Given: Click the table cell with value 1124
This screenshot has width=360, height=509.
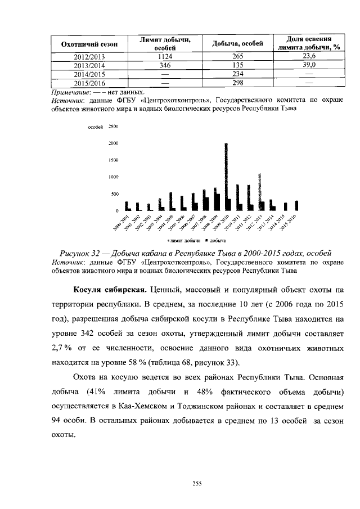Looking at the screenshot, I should [x=165, y=57].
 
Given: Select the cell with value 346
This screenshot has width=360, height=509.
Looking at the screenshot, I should [x=165, y=65].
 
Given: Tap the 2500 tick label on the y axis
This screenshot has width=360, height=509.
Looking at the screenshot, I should [x=113, y=127].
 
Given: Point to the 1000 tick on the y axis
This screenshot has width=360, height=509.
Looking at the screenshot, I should [x=113, y=177].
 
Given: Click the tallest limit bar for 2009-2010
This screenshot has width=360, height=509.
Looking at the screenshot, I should [x=226, y=176].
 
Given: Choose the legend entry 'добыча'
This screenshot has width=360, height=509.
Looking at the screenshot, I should [x=216, y=240].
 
